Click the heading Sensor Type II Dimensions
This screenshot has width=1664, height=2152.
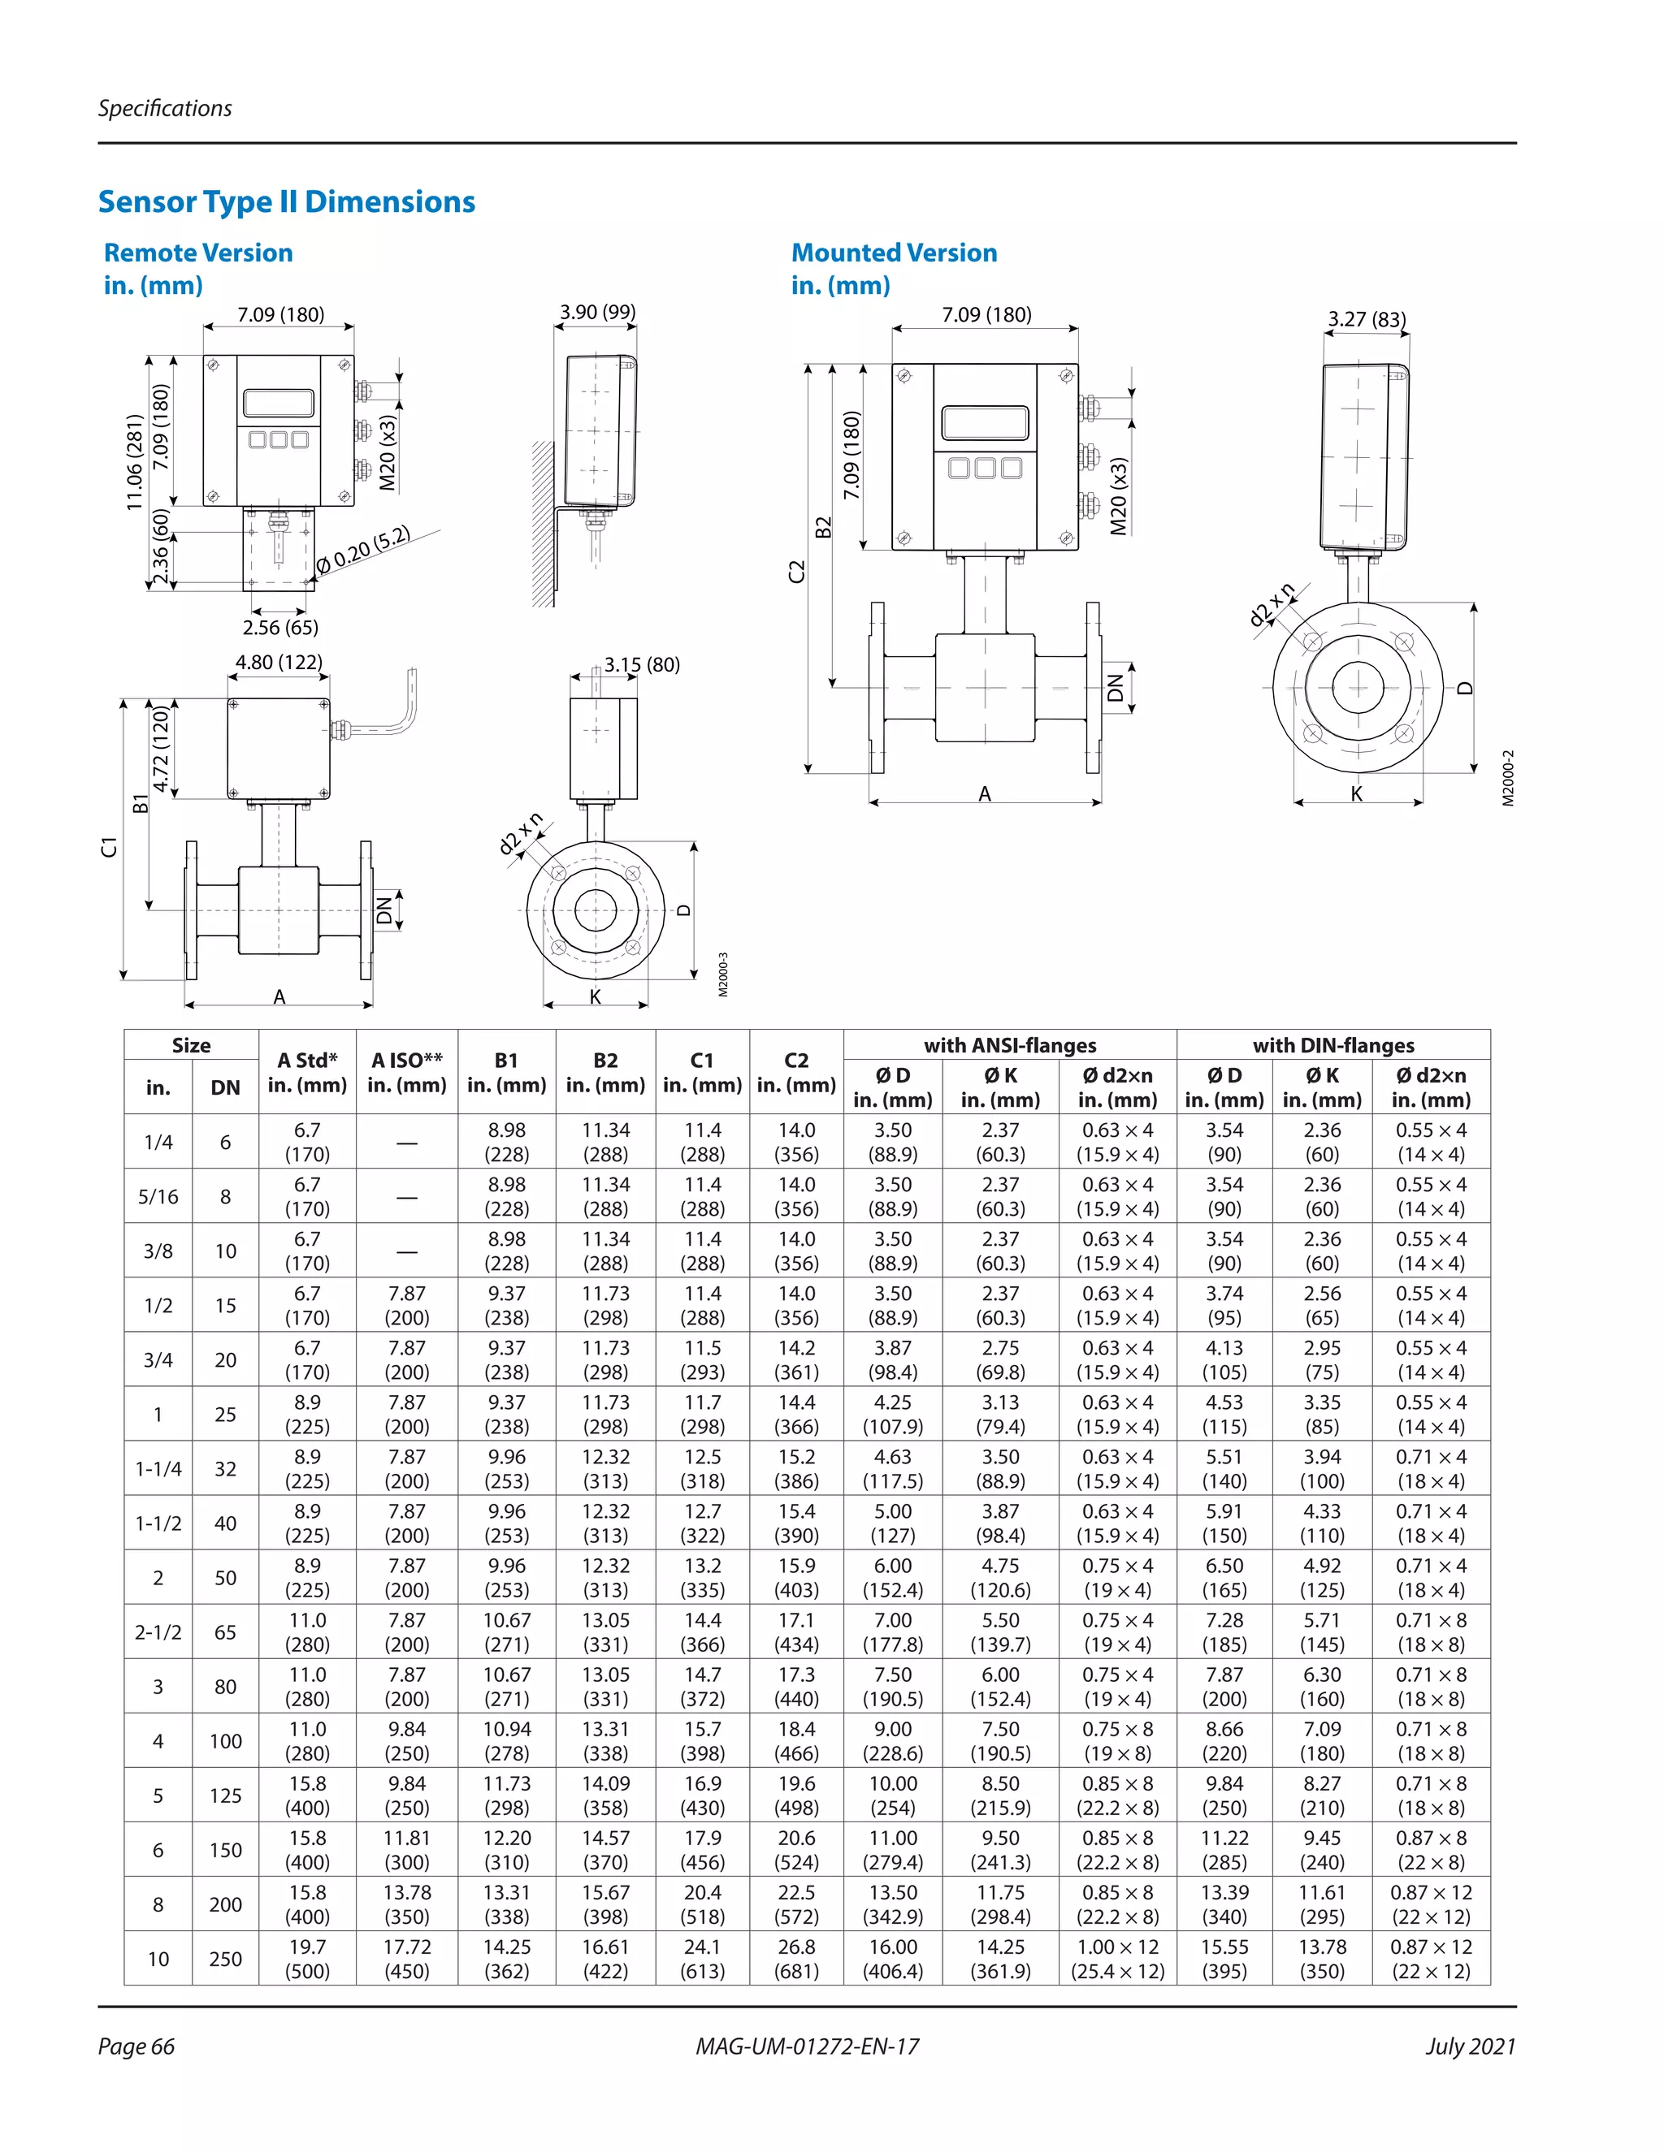[286, 202]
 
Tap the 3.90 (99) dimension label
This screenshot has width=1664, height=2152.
[597, 313]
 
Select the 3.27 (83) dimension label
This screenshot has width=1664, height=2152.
[1367, 319]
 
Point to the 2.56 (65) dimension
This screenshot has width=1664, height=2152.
[280, 628]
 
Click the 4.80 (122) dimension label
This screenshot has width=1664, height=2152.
[279, 662]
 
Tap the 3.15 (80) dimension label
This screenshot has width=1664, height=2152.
[642, 665]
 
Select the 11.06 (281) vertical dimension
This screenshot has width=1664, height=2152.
[135, 462]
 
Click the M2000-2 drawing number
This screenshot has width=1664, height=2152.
[1507, 779]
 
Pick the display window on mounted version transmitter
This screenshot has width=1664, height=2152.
[985, 423]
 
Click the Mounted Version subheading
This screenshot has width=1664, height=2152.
[893, 253]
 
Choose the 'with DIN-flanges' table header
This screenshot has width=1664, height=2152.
[1332, 1045]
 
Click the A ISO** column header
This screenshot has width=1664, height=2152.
[407, 1072]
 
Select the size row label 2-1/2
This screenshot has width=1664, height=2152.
[158, 1631]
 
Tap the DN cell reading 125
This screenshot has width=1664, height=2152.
[225, 1795]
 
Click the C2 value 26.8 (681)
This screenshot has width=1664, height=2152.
[795, 1959]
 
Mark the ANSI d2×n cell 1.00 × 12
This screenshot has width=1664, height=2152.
[1118, 1959]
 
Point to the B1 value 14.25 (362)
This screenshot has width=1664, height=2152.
[507, 1959]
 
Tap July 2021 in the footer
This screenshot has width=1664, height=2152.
[1470, 2046]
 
